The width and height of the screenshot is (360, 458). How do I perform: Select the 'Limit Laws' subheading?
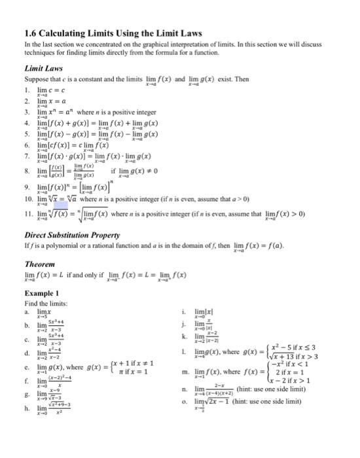43,67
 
